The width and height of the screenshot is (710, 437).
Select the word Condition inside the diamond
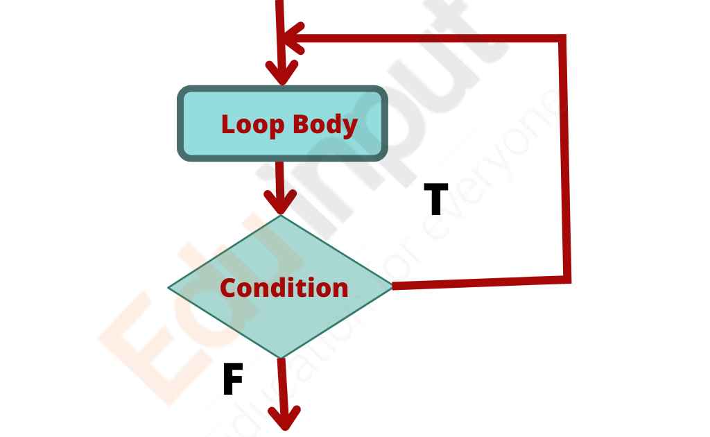tap(284, 288)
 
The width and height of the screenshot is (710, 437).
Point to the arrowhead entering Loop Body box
tap(282, 72)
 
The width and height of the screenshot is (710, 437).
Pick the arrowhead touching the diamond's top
tap(280, 203)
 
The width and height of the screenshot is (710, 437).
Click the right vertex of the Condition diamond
tap(392, 286)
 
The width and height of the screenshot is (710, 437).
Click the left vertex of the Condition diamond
tap(168, 286)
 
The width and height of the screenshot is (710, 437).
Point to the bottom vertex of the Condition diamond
tap(281, 358)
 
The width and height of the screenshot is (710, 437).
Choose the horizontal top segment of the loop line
tap(430, 38)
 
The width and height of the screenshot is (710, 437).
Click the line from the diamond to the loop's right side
tap(478, 283)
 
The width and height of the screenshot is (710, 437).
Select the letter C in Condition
tap(229, 288)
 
